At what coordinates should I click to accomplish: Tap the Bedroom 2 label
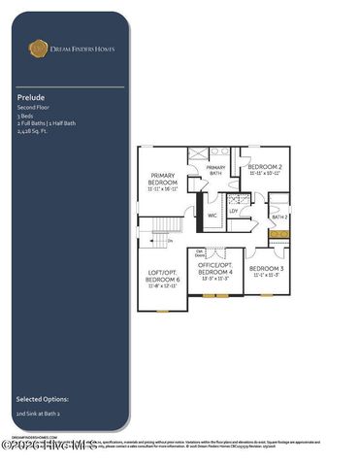(x=265, y=169)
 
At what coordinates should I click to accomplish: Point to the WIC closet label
(x=213, y=216)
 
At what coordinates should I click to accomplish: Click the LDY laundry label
(x=234, y=211)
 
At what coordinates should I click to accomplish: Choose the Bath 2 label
(x=279, y=217)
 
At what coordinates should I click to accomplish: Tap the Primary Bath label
(x=215, y=170)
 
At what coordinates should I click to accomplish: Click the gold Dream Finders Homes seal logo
(x=38, y=46)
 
